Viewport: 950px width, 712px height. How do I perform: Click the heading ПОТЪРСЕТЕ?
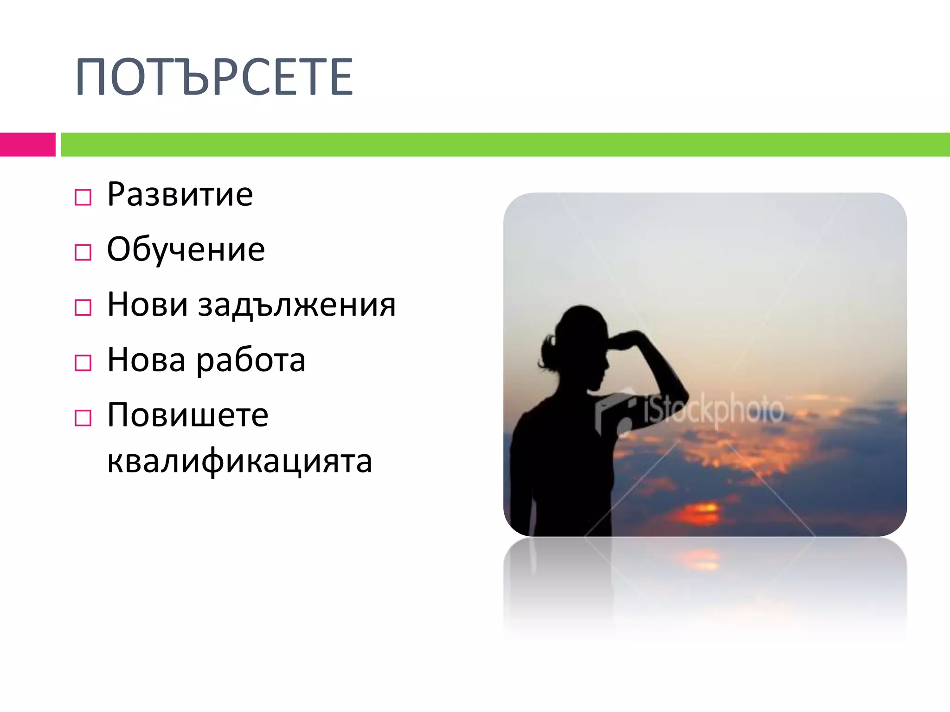(x=214, y=77)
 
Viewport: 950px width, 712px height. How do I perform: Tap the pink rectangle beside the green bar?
(x=27, y=145)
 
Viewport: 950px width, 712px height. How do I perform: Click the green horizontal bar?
(x=505, y=145)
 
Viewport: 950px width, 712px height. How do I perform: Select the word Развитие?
(x=180, y=194)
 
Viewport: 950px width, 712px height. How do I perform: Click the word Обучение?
(x=186, y=249)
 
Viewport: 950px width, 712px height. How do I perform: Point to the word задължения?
(x=297, y=305)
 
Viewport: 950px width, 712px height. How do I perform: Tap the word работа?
(x=251, y=360)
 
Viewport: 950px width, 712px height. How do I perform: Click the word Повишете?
(x=187, y=415)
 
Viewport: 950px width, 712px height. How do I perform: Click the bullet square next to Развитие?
(x=83, y=197)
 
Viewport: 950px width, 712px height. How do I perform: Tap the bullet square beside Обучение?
(x=83, y=253)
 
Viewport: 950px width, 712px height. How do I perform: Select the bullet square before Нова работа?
(x=83, y=363)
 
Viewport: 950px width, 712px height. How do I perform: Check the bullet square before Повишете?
(x=83, y=418)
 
